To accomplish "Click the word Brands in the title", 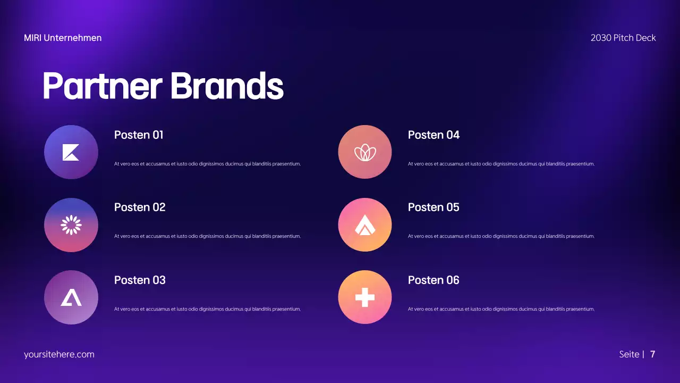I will (227, 86).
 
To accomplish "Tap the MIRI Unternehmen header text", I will (63, 38).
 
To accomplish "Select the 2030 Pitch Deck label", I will (623, 38).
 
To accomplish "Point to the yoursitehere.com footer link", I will (59, 354).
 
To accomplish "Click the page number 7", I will (652, 354).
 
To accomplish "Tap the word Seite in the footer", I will (629, 354).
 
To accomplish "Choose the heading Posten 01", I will (139, 135).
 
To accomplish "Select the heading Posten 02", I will (140, 207).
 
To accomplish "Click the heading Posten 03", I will (140, 280).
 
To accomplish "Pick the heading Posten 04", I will (433, 135).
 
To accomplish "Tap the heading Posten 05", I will (433, 207).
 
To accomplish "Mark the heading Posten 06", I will (433, 280).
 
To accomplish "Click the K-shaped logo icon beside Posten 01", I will (71, 152).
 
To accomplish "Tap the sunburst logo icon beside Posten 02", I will (71, 225).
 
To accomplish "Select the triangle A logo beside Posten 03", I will (71, 297).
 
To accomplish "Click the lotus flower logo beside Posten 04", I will (365, 153).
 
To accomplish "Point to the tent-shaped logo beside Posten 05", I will (365, 225).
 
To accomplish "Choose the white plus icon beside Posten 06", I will (365, 297).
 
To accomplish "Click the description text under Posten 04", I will (501, 164).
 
